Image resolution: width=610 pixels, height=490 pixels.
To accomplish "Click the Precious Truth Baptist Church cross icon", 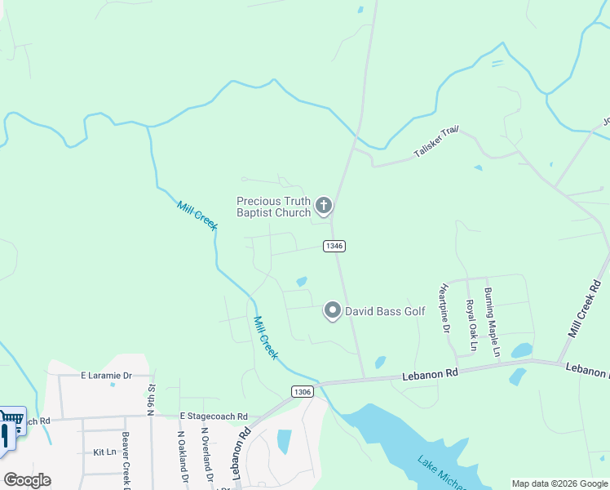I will (x=324, y=205).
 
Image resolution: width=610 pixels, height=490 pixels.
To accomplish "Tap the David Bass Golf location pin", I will (x=332, y=311).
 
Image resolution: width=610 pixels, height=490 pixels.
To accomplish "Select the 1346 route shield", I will (x=334, y=245).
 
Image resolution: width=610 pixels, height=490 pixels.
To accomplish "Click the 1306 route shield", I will (x=302, y=392).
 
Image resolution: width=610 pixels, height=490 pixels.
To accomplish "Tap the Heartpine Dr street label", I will (x=445, y=309).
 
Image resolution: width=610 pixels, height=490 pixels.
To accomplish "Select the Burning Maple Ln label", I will (x=490, y=322).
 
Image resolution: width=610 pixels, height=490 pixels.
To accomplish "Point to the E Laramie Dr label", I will (x=106, y=376).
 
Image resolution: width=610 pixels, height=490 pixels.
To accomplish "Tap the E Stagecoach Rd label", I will (x=214, y=416).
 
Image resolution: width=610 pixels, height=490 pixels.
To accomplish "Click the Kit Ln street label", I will (x=104, y=452).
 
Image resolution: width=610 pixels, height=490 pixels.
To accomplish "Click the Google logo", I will (x=27, y=479).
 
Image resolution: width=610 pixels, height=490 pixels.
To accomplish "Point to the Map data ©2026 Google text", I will (x=559, y=483).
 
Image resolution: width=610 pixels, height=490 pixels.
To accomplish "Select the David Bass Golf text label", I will (x=385, y=311).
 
